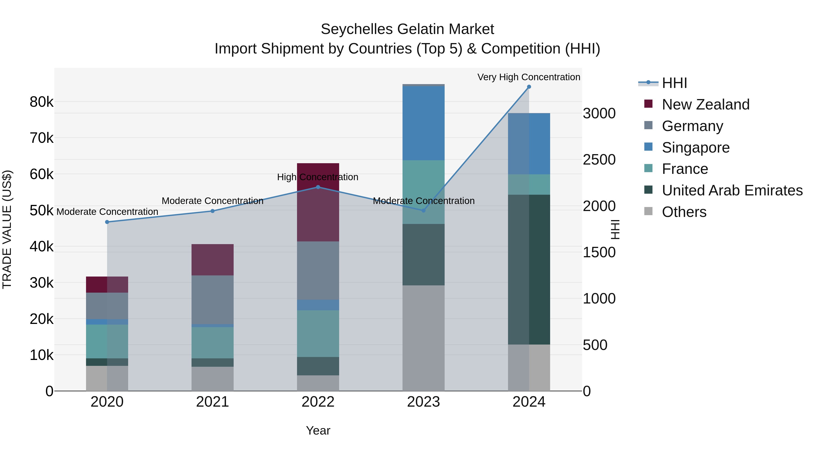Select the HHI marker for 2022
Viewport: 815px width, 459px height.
pyautogui.click(x=318, y=187)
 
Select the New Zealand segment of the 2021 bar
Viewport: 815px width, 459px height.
pyautogui.click(x=212, y=260)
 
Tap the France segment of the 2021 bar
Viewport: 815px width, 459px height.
pyautogui.click(x=212, y=342)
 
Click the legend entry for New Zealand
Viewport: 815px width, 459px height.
pyautogui.click(x=705, y=104)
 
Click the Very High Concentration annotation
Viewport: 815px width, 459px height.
pyautogui.click(x=529, y=77)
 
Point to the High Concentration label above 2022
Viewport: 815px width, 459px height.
pyautogui.click(x=318, y=177)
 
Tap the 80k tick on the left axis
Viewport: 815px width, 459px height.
pyautogui.click(x=41, y=102)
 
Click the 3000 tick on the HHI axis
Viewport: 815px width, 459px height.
pyautogui.click(x=599, y=113)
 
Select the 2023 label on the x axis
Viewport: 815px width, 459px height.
pyautogui.click(x=423, y=402)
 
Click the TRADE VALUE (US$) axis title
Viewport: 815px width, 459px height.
pyautogui.click(x=7, y=229)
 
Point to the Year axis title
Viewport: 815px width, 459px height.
pyautogui.click(x=318, y=430)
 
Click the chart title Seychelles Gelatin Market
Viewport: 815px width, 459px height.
pyautogui.click(x=407, y=29)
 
